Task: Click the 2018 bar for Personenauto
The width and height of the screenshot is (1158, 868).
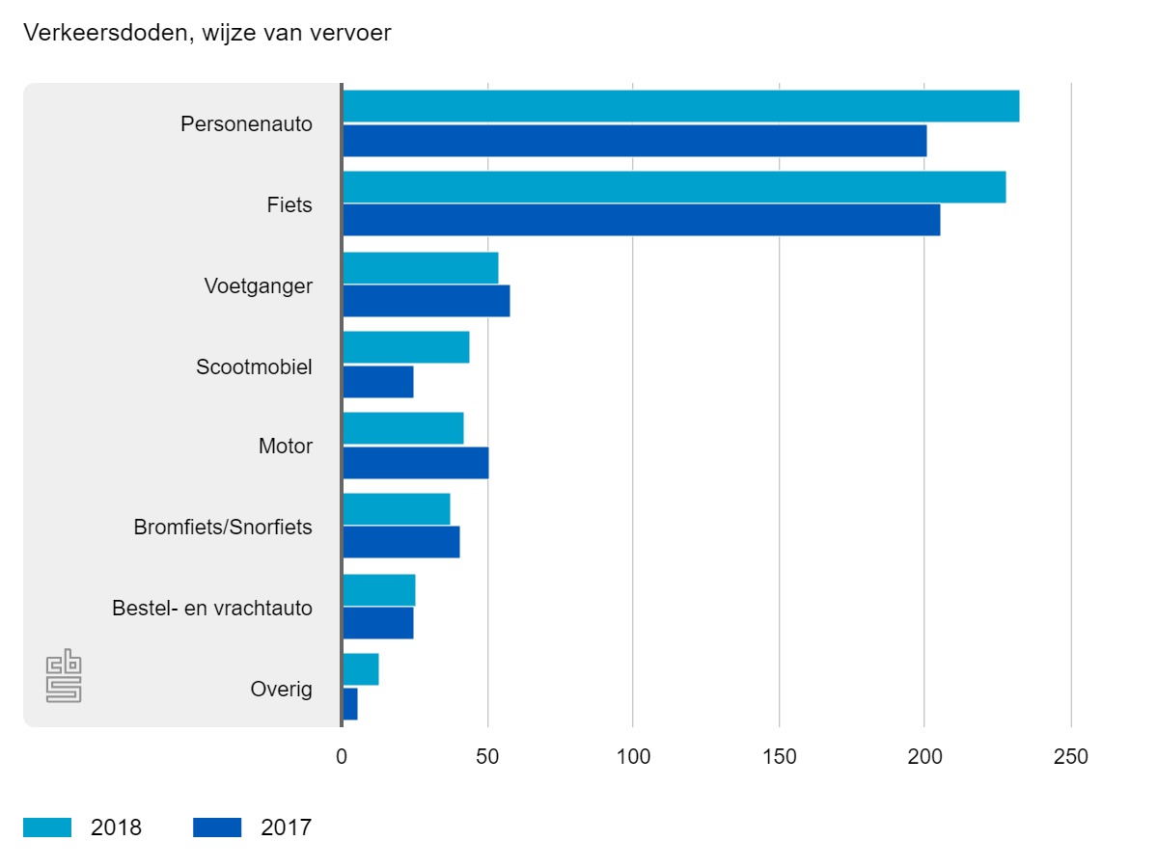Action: [680, 107]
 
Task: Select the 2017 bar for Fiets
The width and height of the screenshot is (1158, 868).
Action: [641, 220]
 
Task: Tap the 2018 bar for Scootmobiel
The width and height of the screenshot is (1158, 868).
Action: [405, 347]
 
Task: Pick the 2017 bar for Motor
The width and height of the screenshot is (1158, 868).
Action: [415, 463]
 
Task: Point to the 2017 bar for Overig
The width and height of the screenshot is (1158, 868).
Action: [350, 704]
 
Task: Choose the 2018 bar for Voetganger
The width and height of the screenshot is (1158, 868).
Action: [420, 268]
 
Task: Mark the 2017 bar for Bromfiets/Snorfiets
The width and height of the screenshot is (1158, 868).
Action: [400, 542]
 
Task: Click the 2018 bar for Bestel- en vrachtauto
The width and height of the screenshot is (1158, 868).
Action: [378, 590]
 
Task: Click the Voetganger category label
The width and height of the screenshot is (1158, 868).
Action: [258, 286]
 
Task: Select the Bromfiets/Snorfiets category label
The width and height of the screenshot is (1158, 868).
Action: [223, 528]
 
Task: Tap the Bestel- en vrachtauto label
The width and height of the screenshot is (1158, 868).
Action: [212, 609]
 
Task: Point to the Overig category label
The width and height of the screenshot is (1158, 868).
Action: [281, 690]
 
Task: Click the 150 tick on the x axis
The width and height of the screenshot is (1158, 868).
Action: [779, 757]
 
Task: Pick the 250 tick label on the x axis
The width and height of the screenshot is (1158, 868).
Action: [1070, 757]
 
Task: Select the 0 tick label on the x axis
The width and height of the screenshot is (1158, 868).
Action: [342, 757]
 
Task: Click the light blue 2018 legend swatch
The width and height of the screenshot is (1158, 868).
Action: [47, 827]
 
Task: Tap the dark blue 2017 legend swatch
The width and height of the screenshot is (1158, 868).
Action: [217, 827]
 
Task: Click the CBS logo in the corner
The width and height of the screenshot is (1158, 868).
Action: [64, 678]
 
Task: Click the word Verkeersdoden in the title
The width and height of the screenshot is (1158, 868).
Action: [93, 34]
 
